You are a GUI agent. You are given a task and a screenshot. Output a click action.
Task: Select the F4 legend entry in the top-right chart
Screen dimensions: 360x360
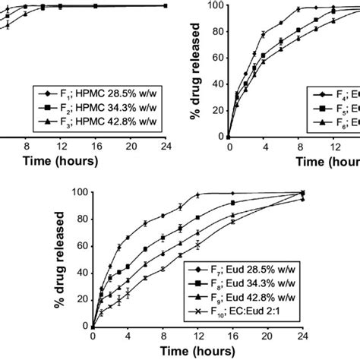click(334, 94)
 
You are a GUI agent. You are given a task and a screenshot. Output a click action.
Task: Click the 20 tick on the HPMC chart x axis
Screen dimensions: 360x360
click(131, 147)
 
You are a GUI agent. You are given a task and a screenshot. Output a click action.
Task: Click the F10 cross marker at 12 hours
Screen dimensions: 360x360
click(198, 245)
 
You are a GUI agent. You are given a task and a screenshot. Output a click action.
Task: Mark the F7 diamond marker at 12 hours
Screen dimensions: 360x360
click(198, 195)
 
